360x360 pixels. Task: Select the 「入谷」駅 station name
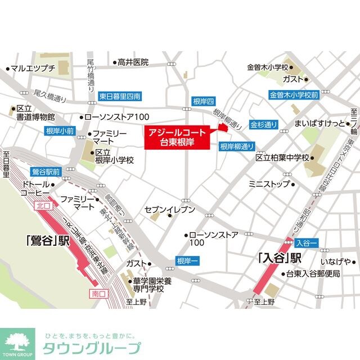coord(280,258)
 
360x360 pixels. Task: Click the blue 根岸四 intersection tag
coord(204,101)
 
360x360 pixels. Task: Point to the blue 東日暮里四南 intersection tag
coord(119,96)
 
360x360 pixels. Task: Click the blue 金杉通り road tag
coord(264,124)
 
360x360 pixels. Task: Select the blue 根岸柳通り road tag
coord(235,146)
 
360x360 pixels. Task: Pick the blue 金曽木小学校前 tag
coord(294,95)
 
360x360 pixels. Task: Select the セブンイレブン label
coord(170,210)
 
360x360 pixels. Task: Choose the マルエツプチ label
coord(32,69)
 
